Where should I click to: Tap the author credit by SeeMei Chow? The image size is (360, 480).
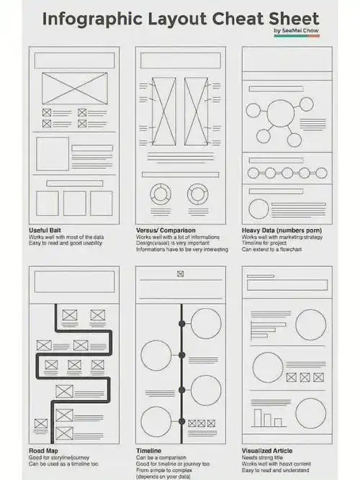[x=296, y=31]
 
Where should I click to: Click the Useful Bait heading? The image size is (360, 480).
[x=45, y=230]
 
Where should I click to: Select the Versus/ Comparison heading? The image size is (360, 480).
[x=166, y=230]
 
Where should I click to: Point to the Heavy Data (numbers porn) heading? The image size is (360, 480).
[x=282, y=230]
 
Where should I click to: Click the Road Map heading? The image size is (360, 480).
[x=43, y=450]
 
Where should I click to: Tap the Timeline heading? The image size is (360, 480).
[x=148, y=450]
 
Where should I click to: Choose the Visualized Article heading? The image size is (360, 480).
[x=267, y=450]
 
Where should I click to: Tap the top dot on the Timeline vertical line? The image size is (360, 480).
[x=181, y=324]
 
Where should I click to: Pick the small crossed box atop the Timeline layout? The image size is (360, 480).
[x=181, y=273]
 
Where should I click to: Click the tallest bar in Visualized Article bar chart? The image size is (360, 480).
[x=258, y=417]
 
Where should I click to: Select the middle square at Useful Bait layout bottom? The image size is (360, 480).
[x=75, y=203]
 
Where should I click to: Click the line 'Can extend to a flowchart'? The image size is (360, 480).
[x=271, y=249]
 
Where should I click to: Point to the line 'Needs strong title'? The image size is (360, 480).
[x=262, y=458]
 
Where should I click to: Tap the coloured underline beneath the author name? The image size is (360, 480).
[x=297, y=36]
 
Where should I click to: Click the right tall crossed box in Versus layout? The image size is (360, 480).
[x=196, y=111]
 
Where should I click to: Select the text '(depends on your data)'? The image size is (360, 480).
[x=163, y=476]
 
